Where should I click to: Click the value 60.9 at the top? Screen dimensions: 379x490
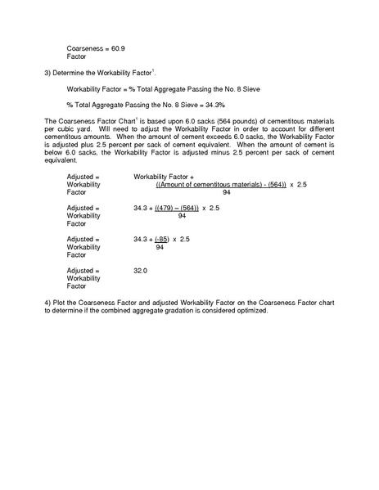tap(118, 49)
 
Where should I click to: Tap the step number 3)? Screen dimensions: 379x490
tap(48, 72)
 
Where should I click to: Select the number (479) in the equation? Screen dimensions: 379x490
tap(165, 208)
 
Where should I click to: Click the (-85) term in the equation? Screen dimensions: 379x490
tap(164, 239)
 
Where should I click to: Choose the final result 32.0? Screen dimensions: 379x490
tap(139, 270)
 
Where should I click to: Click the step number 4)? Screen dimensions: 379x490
tap(48, 303)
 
